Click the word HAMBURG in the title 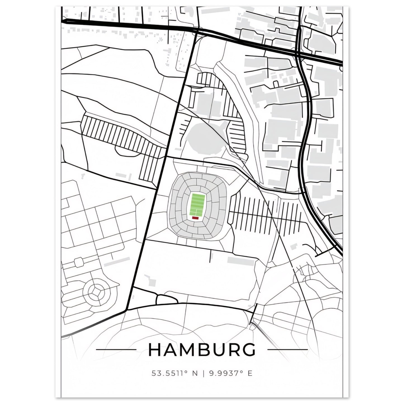click(202, 349)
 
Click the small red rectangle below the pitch click(195, 218)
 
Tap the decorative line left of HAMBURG click(116, 349)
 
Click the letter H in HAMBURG click(155, 349)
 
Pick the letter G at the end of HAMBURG click(249, 349)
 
